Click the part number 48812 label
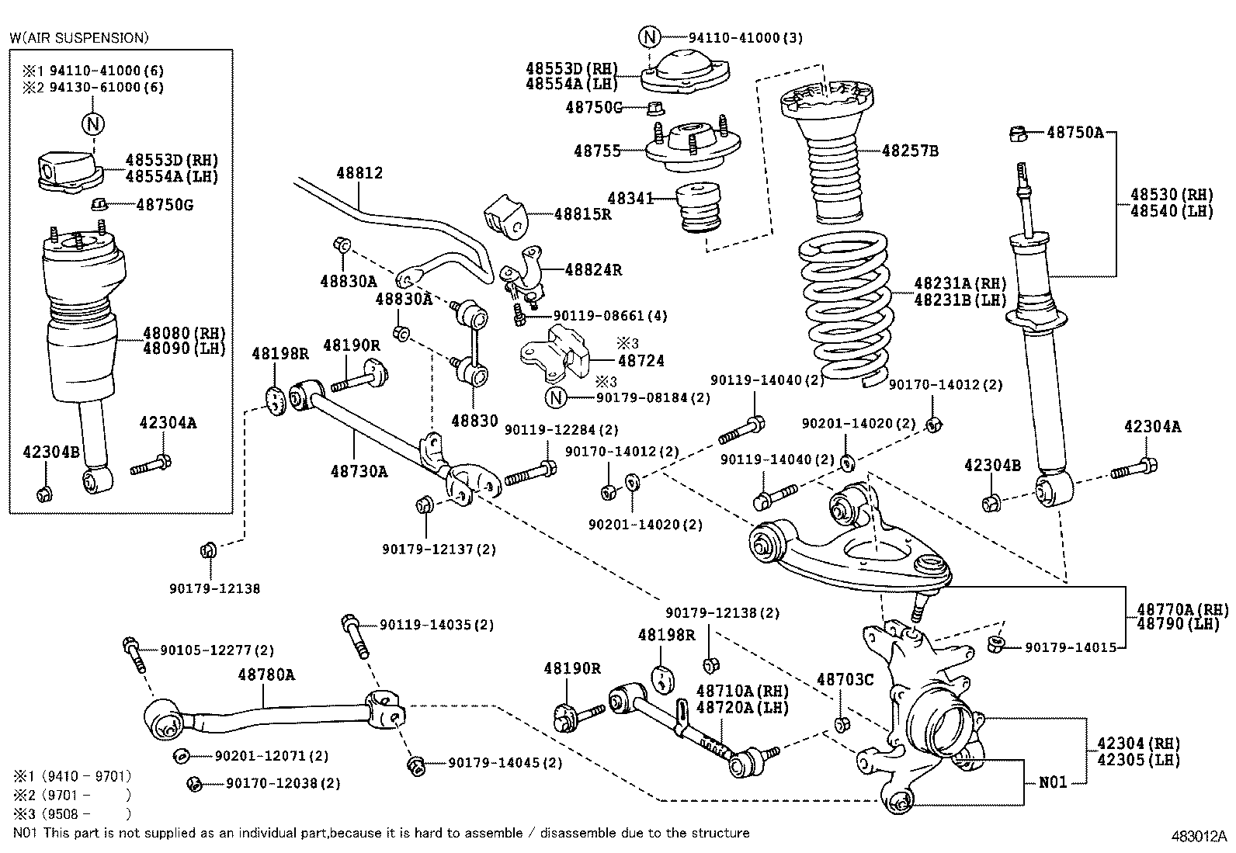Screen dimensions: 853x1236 [359, 173]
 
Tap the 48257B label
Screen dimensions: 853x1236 [910, 151]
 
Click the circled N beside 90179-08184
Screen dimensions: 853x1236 [556, 398]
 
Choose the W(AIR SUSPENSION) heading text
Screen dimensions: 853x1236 [78, 37]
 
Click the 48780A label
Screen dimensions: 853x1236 [266, 675]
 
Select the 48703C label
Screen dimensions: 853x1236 [845, 681]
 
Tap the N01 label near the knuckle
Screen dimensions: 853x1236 [1053, 782]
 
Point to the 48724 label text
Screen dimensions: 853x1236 [641, 362]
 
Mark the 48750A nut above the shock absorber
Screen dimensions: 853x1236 [1019, 134]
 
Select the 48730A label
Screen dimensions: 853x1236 [359, 471]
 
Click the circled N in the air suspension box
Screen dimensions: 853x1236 [93, 123]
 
